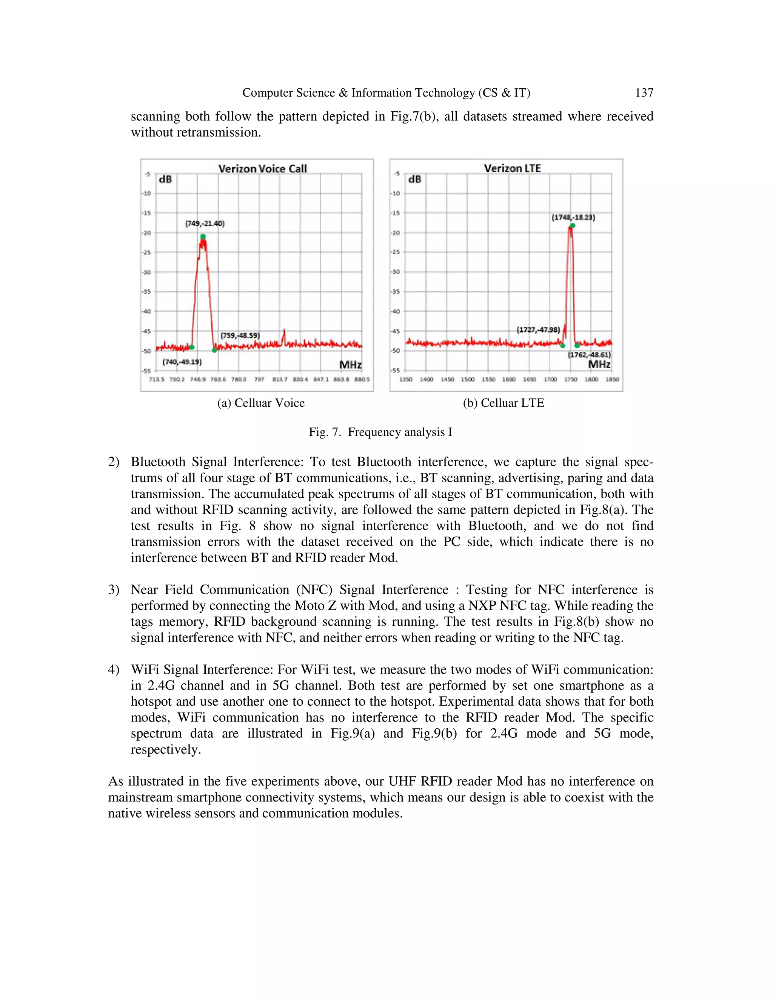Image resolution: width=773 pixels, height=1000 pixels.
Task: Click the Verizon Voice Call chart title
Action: [x=262, y=169]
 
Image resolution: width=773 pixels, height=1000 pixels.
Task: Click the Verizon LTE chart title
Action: [x=513, y=168]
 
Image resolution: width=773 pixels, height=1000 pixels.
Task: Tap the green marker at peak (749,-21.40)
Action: [x=203, y=237]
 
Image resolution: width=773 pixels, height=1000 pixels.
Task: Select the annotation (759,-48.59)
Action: [x=240, y=335]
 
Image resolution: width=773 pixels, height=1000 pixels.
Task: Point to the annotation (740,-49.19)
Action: [x=182, y=362]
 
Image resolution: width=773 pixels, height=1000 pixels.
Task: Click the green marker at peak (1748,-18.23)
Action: [x=573, y=225]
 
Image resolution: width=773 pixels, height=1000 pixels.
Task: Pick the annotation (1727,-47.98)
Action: [x=538, y=330]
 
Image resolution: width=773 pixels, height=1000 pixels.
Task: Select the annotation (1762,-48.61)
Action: [x=589, y=354]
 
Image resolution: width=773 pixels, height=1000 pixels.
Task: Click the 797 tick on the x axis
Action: [x=259, y=379]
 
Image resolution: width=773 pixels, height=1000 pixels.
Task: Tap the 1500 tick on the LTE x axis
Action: [x=468, y=379]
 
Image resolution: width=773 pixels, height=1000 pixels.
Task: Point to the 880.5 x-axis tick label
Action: [x=362, y=379]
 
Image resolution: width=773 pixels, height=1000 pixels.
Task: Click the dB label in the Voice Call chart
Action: [x=165, y=180]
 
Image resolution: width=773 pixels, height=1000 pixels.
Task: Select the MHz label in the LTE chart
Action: [x=599, y=365]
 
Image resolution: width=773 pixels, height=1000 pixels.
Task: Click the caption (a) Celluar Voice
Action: [x=260, y=403]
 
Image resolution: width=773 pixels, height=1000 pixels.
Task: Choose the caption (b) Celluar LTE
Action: [x=503, y=403]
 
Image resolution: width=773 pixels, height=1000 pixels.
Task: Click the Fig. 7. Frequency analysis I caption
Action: [x=380, y=432]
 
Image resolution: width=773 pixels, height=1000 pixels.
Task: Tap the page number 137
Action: [x=644, y=93]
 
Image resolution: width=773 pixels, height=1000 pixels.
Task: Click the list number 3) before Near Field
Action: [x=114, y=590]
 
